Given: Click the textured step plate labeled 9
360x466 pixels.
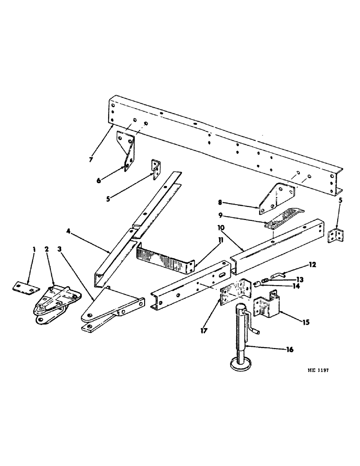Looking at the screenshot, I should point(283,219).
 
